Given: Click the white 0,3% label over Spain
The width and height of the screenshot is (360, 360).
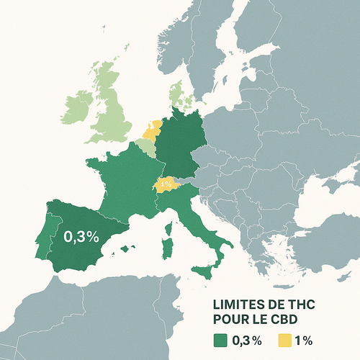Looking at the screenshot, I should click(81, 236).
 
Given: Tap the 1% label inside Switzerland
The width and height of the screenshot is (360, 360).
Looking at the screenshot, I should click(166, 184).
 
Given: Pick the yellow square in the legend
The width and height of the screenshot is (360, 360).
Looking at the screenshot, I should click(285, 340).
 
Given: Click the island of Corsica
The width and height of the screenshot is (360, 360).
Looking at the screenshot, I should click(170, 229).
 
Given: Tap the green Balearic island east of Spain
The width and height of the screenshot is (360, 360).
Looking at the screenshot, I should click(128, 249).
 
